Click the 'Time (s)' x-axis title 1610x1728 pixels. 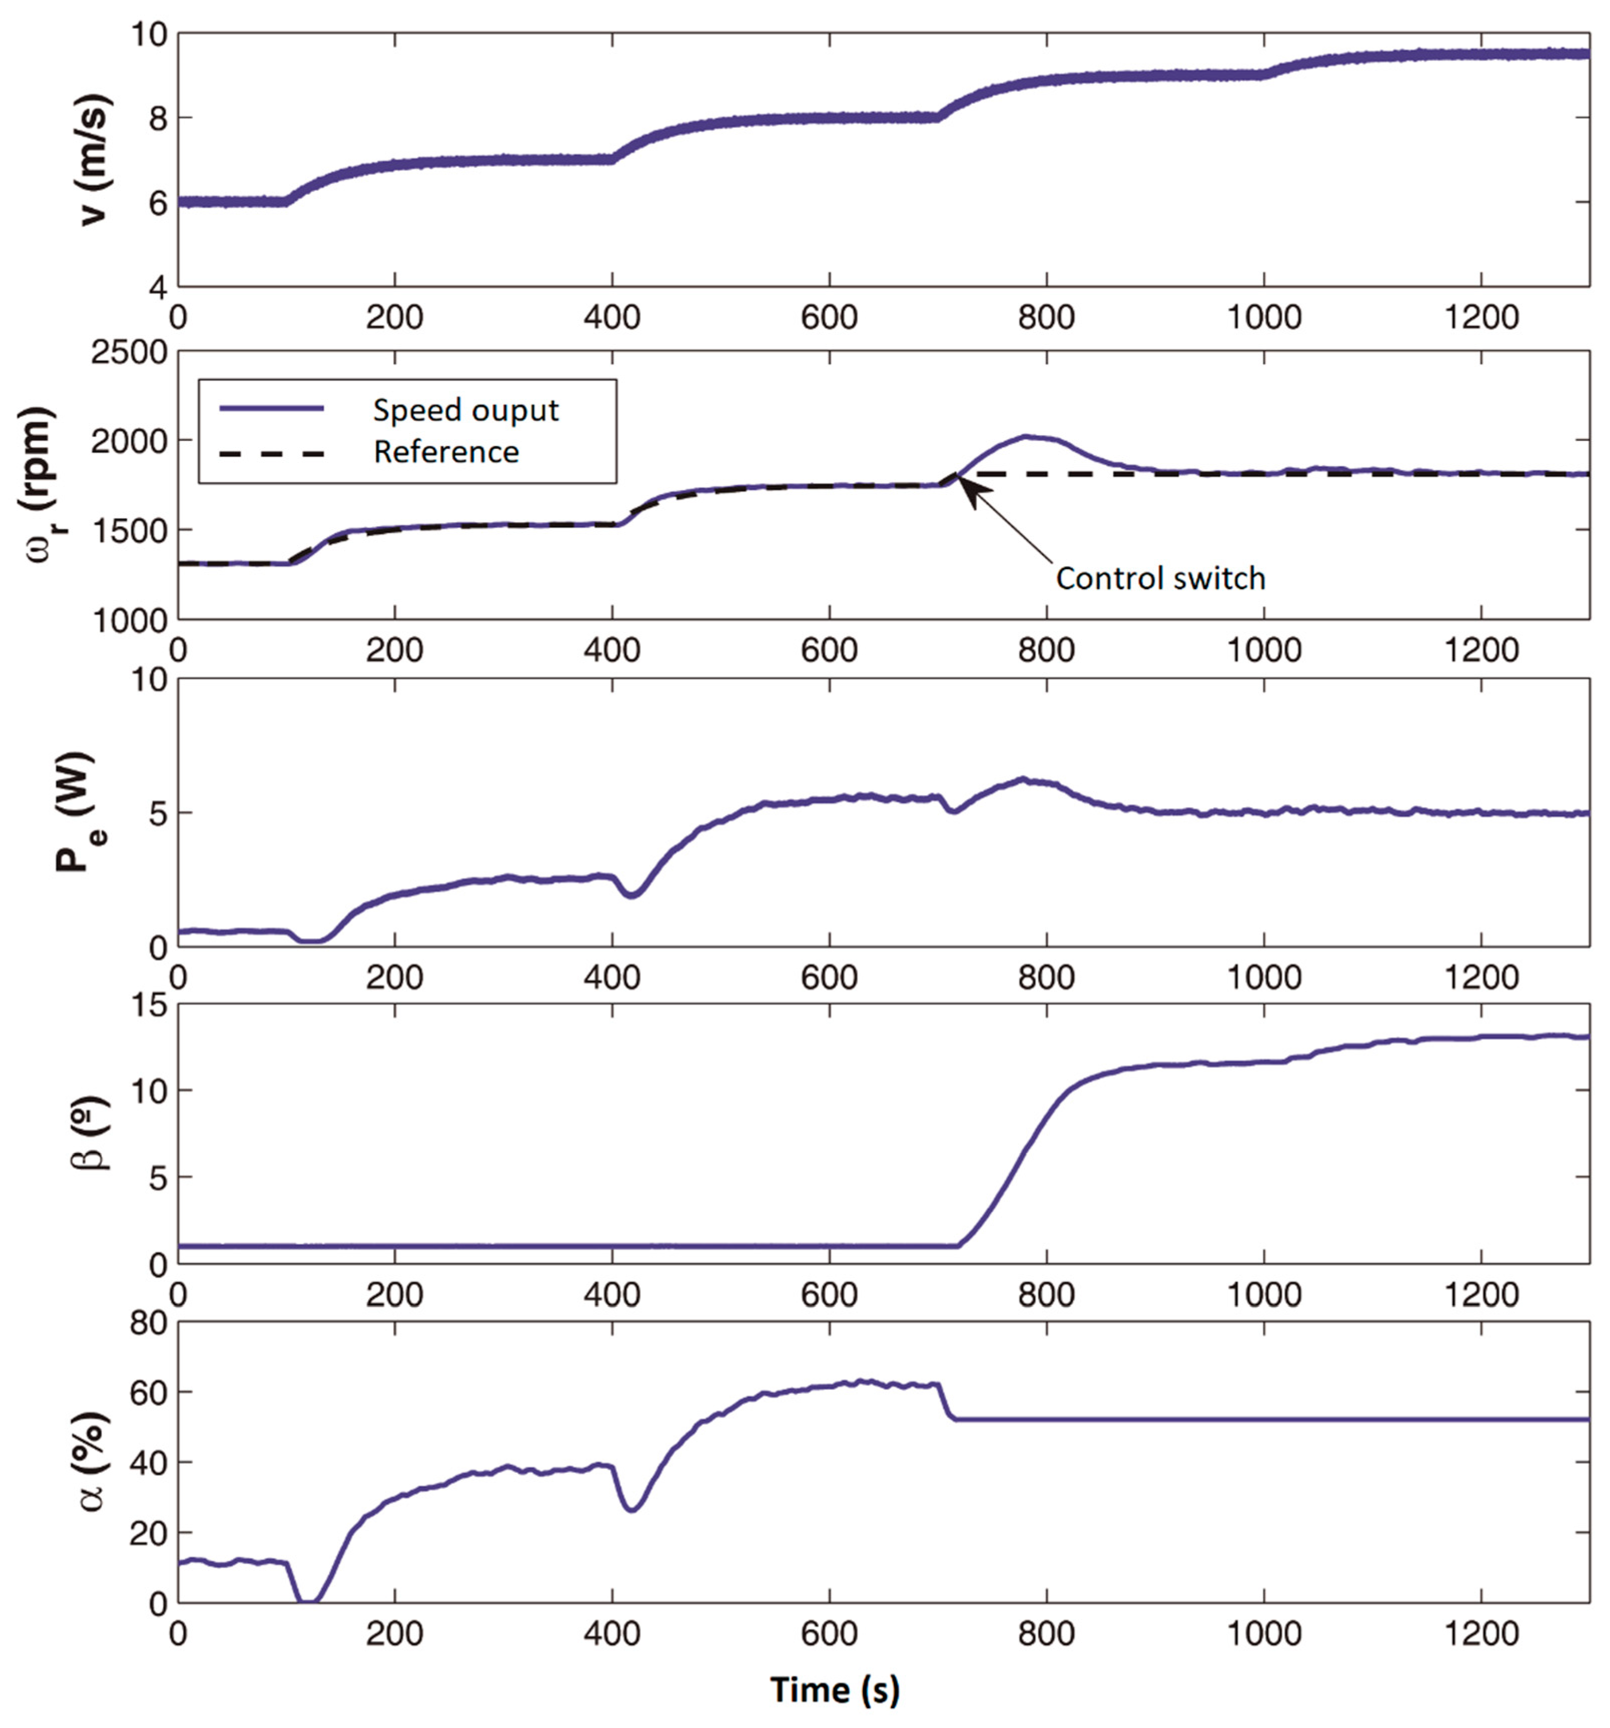click(x=835, y=1689)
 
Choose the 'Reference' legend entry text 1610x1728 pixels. click(x=446, y=452)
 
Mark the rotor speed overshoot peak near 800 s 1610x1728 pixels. click(x=1028, y=437)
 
